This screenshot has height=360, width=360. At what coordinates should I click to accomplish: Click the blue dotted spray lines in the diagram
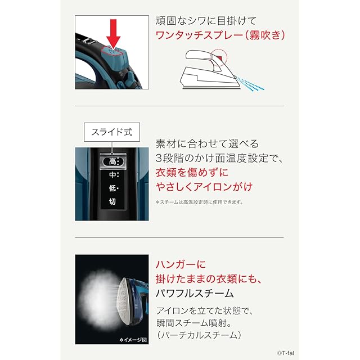tap(250, 84)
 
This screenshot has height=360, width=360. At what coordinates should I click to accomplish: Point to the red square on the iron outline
tap(220, 58)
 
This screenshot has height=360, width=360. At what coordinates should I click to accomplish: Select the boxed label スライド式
tap(112, 132)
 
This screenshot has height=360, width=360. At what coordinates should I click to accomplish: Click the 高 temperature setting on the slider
tap(112, 161)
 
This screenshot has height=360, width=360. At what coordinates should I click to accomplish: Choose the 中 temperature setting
tap(112, 175)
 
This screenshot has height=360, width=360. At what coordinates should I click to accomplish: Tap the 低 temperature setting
tap(112, 188)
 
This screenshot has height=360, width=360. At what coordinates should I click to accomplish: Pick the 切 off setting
tap(112, 201)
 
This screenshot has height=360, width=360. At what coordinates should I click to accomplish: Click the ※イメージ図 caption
tap(133, 340)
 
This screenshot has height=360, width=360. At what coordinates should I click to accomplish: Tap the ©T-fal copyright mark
tap(285, 353)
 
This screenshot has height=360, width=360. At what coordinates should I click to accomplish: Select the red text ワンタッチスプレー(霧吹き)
tap(220, 35)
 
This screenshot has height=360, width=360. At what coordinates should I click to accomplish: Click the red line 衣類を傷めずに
tap(192, 173)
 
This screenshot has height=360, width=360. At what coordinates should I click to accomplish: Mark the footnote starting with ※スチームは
tap(199, 202)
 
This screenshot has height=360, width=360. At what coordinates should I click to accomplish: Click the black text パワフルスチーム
tap(195, 294)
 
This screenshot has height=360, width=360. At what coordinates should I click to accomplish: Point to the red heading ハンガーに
tap(181, 264)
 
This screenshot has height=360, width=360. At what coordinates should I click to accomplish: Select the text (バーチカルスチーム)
tap(199, 335)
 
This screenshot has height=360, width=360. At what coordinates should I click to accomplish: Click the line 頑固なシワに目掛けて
tap(206, 21)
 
